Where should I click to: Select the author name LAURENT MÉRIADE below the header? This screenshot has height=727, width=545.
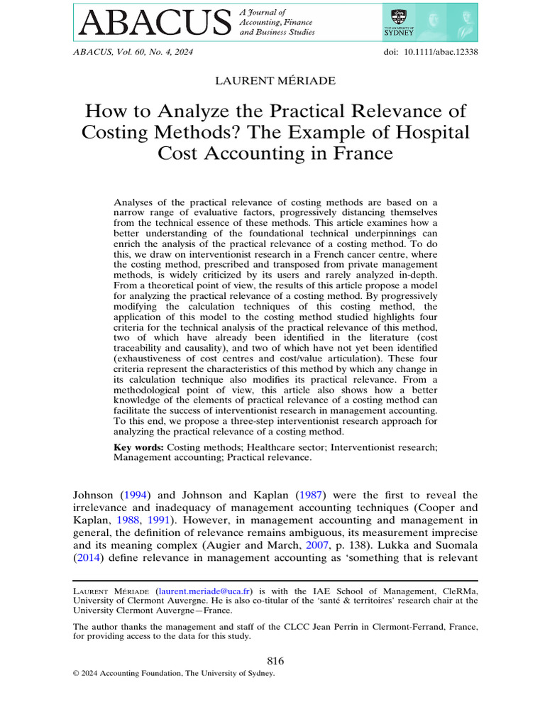click(275, 81)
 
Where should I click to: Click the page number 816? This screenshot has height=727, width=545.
click(275, 661)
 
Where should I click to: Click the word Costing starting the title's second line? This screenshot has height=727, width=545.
click(116, 132)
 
